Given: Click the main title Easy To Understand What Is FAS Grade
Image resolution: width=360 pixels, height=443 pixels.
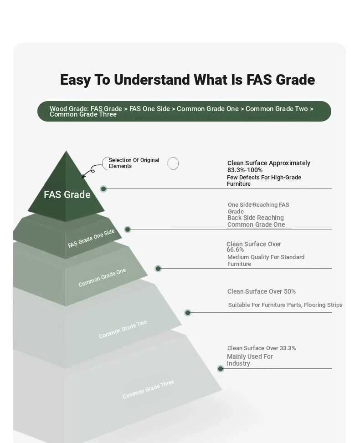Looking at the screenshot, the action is [187, 80].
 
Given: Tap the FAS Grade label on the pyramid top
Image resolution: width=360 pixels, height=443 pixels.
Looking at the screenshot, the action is [67, 194].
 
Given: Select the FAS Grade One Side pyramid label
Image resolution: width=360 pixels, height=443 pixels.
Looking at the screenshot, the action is [91, 238].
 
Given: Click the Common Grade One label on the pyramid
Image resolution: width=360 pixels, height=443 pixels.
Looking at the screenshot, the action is [102, 277].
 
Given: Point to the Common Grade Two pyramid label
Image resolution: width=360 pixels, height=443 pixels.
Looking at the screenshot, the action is [123, 329].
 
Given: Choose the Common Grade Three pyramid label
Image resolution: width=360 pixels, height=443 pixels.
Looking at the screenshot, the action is [148, 389].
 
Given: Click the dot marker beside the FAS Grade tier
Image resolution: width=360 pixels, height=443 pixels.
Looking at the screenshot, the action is [103, 189].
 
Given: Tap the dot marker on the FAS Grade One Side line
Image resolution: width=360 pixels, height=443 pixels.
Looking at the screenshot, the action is [128, 229].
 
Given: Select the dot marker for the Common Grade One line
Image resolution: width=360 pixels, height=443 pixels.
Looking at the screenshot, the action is [158, 269].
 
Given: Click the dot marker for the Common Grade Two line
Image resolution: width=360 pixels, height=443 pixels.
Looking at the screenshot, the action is [187, 312].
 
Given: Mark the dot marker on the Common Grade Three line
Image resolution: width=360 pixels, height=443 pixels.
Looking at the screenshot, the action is [221, 369].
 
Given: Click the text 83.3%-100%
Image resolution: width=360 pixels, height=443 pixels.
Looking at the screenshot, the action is [245, 170].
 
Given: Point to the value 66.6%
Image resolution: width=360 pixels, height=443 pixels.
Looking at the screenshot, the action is [235, 250].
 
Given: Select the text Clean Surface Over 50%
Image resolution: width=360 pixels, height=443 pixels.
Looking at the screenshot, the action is [262, 291].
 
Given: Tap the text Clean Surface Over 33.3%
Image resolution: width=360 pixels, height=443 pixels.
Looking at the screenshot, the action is [262, 348].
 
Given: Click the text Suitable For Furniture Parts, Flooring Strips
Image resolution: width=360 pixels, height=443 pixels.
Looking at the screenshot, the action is [285, 305].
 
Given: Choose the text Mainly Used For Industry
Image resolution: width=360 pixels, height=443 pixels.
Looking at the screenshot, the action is [250, 360].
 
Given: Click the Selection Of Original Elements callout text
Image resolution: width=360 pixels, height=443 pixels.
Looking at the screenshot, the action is [134, 163].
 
